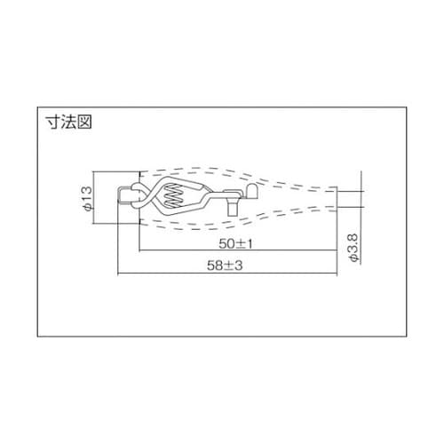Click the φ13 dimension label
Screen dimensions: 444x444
[x=87, y=199]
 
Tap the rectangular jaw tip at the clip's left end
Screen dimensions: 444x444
[x=121, y=197]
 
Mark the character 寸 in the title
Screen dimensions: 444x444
[x=52, y=122]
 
